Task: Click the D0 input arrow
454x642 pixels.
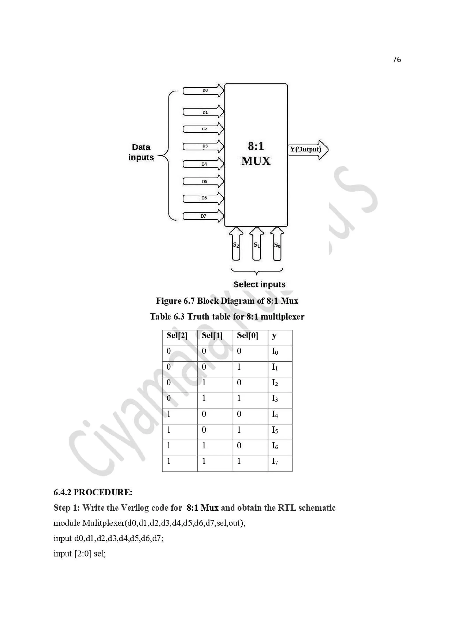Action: (203, 91)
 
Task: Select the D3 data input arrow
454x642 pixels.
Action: (203, 146)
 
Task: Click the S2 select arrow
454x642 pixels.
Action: (236, 244)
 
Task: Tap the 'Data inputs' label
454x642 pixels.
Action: (141, 152)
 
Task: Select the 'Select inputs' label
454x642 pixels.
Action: (259, 284)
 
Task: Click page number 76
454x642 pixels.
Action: (396, 60)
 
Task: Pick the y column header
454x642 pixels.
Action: (274, 336)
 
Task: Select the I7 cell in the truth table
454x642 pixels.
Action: (275, 461)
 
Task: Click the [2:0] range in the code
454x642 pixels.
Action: (83, 554)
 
